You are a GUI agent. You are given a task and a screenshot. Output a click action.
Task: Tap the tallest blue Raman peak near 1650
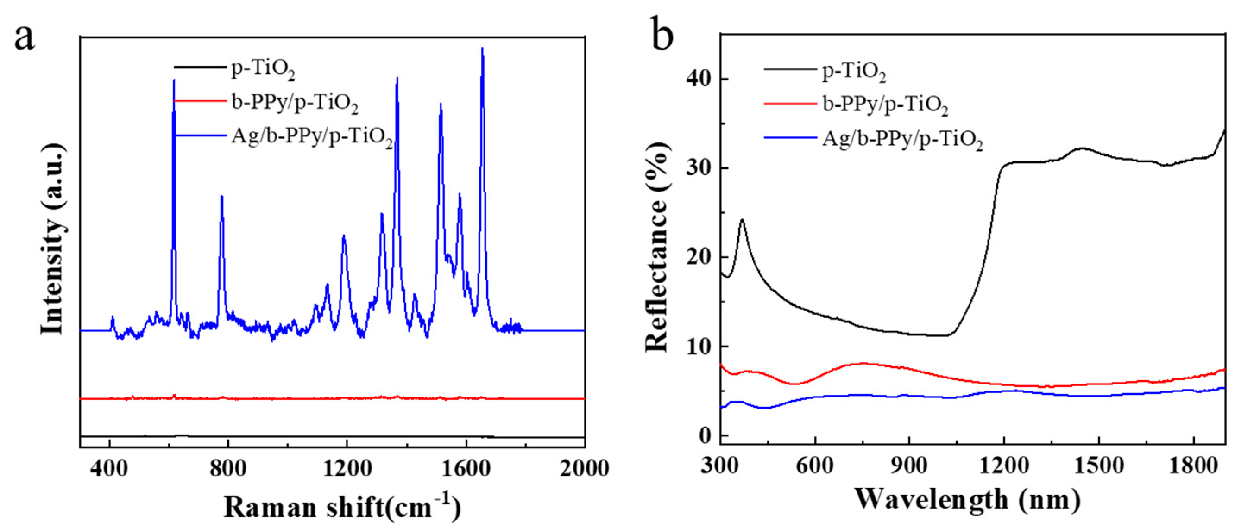pos(482,49)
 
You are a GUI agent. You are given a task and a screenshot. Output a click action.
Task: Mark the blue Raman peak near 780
pos(221,197)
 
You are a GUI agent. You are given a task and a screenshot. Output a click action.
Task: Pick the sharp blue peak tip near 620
pos(173,81)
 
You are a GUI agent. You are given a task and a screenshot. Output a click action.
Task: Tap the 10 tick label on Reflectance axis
pos(699,346)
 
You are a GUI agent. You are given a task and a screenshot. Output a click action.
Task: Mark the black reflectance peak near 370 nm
pos(742,220)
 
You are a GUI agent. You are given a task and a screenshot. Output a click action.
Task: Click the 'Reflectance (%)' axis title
pos(656,247)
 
